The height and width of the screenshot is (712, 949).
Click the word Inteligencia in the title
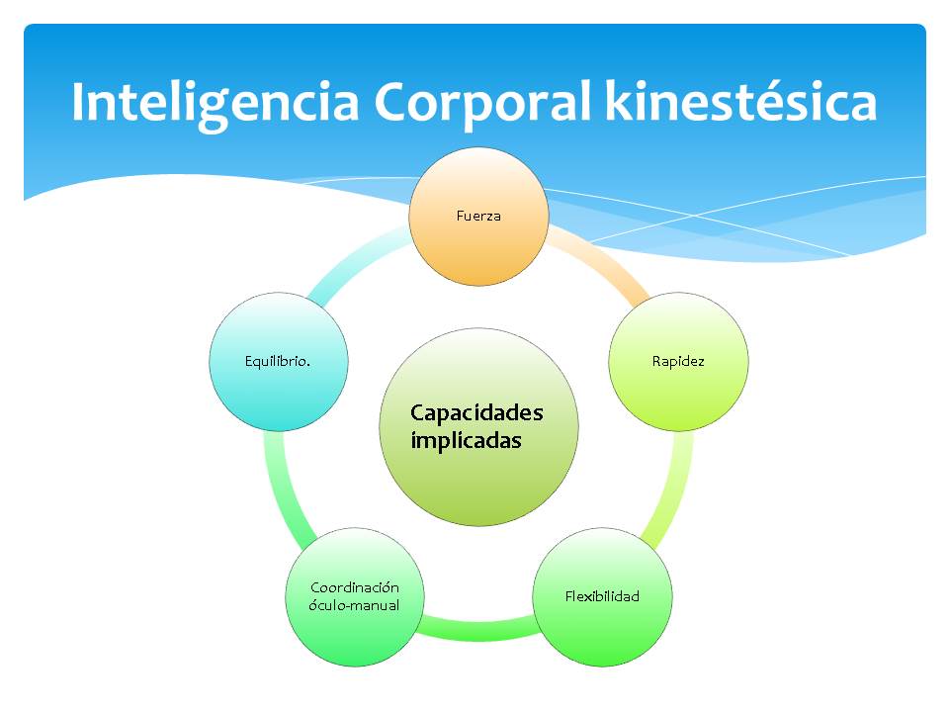(x=213, y=104)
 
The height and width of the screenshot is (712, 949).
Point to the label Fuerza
(x=479, y=216)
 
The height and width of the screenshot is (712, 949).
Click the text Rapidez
(x=678, y=362)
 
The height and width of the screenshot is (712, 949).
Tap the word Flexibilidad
(x=602, y=596)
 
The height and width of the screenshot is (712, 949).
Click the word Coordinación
(x=355, y=587)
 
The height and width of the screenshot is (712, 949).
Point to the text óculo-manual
(x=354, y=605)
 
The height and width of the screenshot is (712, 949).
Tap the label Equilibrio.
(x=278, y=362)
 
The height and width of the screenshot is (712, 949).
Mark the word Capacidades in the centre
(x=476, y=412)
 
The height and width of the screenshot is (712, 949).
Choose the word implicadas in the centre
(x=465, y=441)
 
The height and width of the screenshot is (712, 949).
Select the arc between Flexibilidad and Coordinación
(x=478, y=629)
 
